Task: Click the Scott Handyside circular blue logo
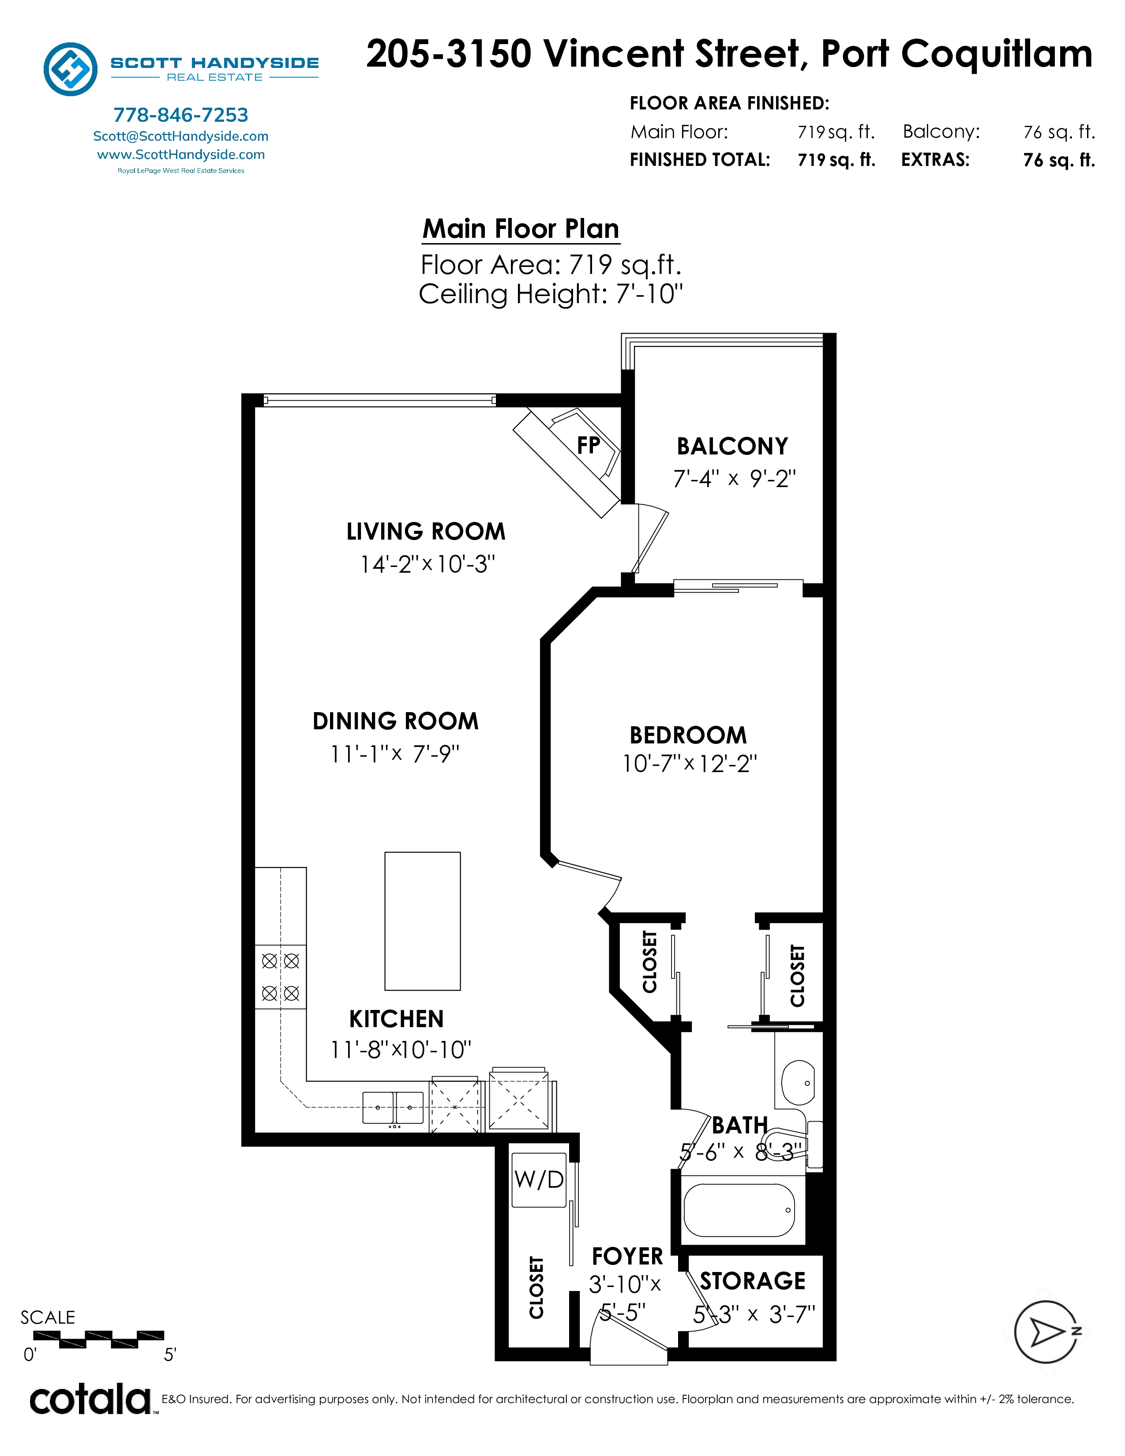point(71,69)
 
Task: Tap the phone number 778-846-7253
point(180,115)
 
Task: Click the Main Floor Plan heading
point(521,229)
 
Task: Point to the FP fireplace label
point(589,445)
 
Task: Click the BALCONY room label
point(732,446)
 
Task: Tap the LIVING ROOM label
point(426,531)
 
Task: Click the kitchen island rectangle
point(423,921)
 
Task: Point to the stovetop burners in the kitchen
point(281,977)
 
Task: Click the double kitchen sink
point(393,1107)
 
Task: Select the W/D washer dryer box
point(539,1180)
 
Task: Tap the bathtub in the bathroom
point(739,1210)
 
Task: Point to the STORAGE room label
point(753,1281)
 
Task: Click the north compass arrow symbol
point(1047,1332)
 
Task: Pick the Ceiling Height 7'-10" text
point(551,294)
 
